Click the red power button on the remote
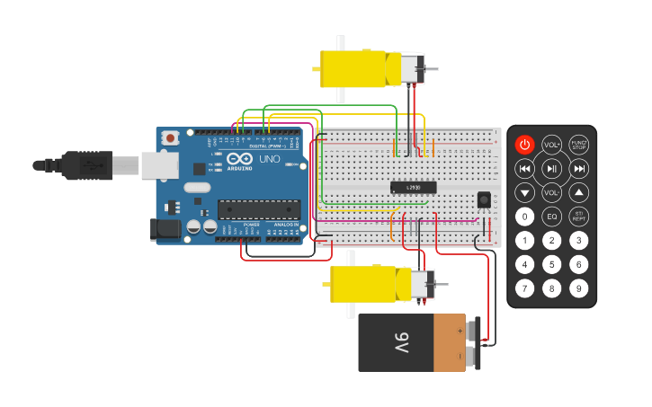click(524, 145)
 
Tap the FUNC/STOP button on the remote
click(579, 145)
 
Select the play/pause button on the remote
click(552, 168)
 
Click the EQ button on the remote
click(552, 217)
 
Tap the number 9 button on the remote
click(579, 288)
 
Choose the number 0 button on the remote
click(524, 217)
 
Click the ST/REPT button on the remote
click(579, 217)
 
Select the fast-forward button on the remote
click(579, 168)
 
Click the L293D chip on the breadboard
click(414, 187)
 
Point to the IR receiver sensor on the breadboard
click(484, 199)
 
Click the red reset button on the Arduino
click(169, 138)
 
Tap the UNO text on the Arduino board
click(270, 159)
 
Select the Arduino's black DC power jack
click(165, 230)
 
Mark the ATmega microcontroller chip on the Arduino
click(259, 210)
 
